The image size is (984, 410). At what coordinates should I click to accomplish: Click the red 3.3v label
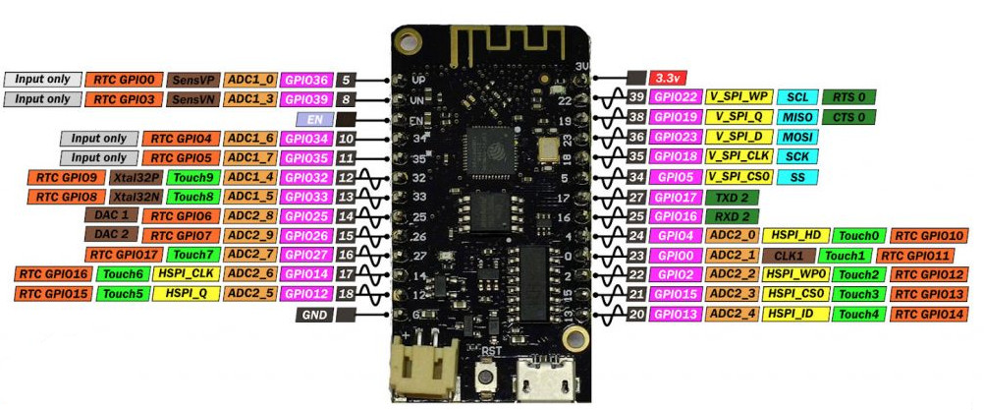tap(670, 77)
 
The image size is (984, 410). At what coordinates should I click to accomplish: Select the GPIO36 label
tap(305, 79)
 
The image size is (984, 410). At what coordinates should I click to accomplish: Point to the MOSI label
tap(795, 137)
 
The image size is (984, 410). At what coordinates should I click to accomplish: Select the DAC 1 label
tap(111, 216)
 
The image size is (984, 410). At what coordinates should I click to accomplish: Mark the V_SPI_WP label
tap(738, 97)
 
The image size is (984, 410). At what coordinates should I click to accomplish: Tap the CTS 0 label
tap(848, 117)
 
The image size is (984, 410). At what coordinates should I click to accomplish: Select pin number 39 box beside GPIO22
tap(636, 97)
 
